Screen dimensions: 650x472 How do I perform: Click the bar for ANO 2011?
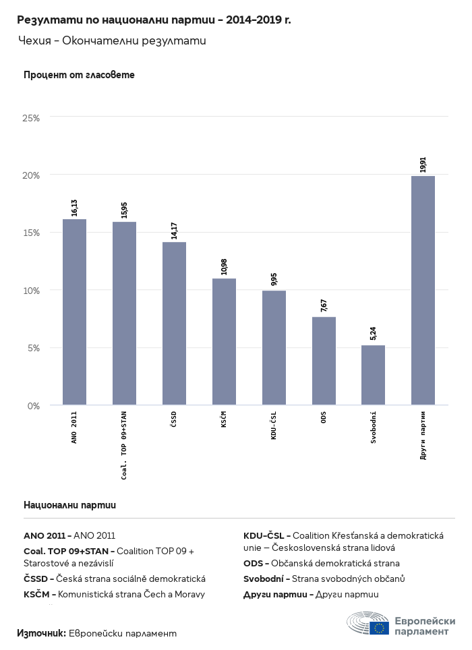(74, 312)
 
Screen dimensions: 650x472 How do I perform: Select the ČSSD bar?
(174, 324)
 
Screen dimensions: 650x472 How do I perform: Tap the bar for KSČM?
(224, 342)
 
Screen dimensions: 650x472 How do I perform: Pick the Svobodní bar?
(373, 375)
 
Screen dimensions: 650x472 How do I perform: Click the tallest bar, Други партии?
(423, 290)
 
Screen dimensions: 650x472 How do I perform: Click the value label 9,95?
(274, 280)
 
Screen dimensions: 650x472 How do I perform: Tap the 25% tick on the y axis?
(32, 118)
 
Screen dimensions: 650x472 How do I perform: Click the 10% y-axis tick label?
(32, 291)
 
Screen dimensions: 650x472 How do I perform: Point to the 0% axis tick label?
(34, 406)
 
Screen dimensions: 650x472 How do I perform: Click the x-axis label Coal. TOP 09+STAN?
(124, 446)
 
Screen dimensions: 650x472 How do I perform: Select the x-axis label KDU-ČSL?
(274, 425)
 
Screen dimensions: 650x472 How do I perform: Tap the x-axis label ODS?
(324, 418)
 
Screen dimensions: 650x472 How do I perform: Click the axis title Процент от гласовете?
(79, 75)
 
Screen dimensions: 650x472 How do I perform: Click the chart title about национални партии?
(154, 20)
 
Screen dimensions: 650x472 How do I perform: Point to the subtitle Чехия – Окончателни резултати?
(111, 41)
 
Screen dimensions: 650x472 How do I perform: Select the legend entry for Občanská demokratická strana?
(322, 563)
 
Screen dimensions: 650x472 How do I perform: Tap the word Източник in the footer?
(41, 633)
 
